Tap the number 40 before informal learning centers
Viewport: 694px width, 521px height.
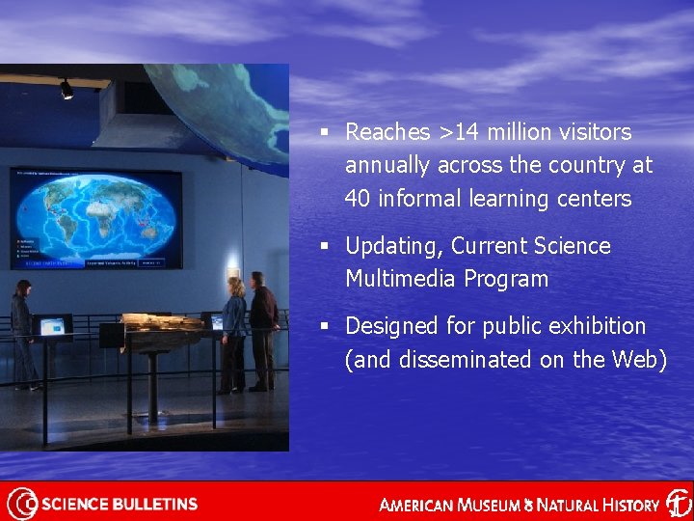point(358,200)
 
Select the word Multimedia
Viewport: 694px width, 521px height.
point(393,280)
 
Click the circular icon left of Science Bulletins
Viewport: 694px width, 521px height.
point(21,504)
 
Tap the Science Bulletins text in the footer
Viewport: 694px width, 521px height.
point(120,504)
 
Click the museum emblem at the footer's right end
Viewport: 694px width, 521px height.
point(678,503)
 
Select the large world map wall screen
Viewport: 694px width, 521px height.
point(95,218)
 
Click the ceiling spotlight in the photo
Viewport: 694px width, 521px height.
point(66,90)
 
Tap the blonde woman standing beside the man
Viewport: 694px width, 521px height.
point(233,333)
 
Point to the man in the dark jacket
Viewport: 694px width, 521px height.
point(261,329)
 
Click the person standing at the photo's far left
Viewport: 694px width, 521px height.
point(22,333)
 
